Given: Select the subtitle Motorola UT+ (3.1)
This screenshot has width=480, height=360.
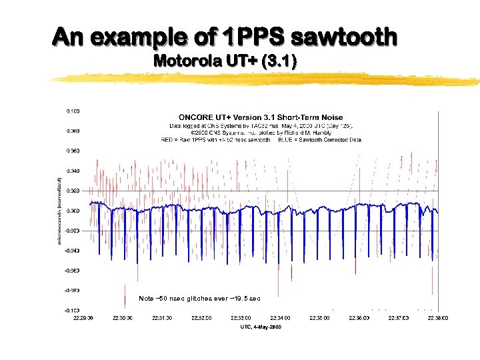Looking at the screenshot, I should coord(225,61).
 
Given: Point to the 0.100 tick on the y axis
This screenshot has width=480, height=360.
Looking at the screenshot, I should coord(73,110).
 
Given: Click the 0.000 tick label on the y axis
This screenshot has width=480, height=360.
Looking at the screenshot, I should coord(73,211).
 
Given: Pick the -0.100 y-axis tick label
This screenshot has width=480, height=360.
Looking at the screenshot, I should coord(73,311).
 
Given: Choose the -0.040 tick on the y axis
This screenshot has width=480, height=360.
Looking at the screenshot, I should coord(73,251).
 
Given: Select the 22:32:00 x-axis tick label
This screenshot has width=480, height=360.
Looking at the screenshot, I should coord(201,318).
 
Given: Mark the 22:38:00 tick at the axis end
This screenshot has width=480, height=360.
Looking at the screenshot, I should coord(437,318).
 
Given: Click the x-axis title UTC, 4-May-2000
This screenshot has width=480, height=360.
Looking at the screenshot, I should coord(260,327).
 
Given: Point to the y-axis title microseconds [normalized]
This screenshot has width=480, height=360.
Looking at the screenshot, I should coord(59,210).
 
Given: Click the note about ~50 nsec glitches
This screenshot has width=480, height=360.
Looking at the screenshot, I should coord(199,298).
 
